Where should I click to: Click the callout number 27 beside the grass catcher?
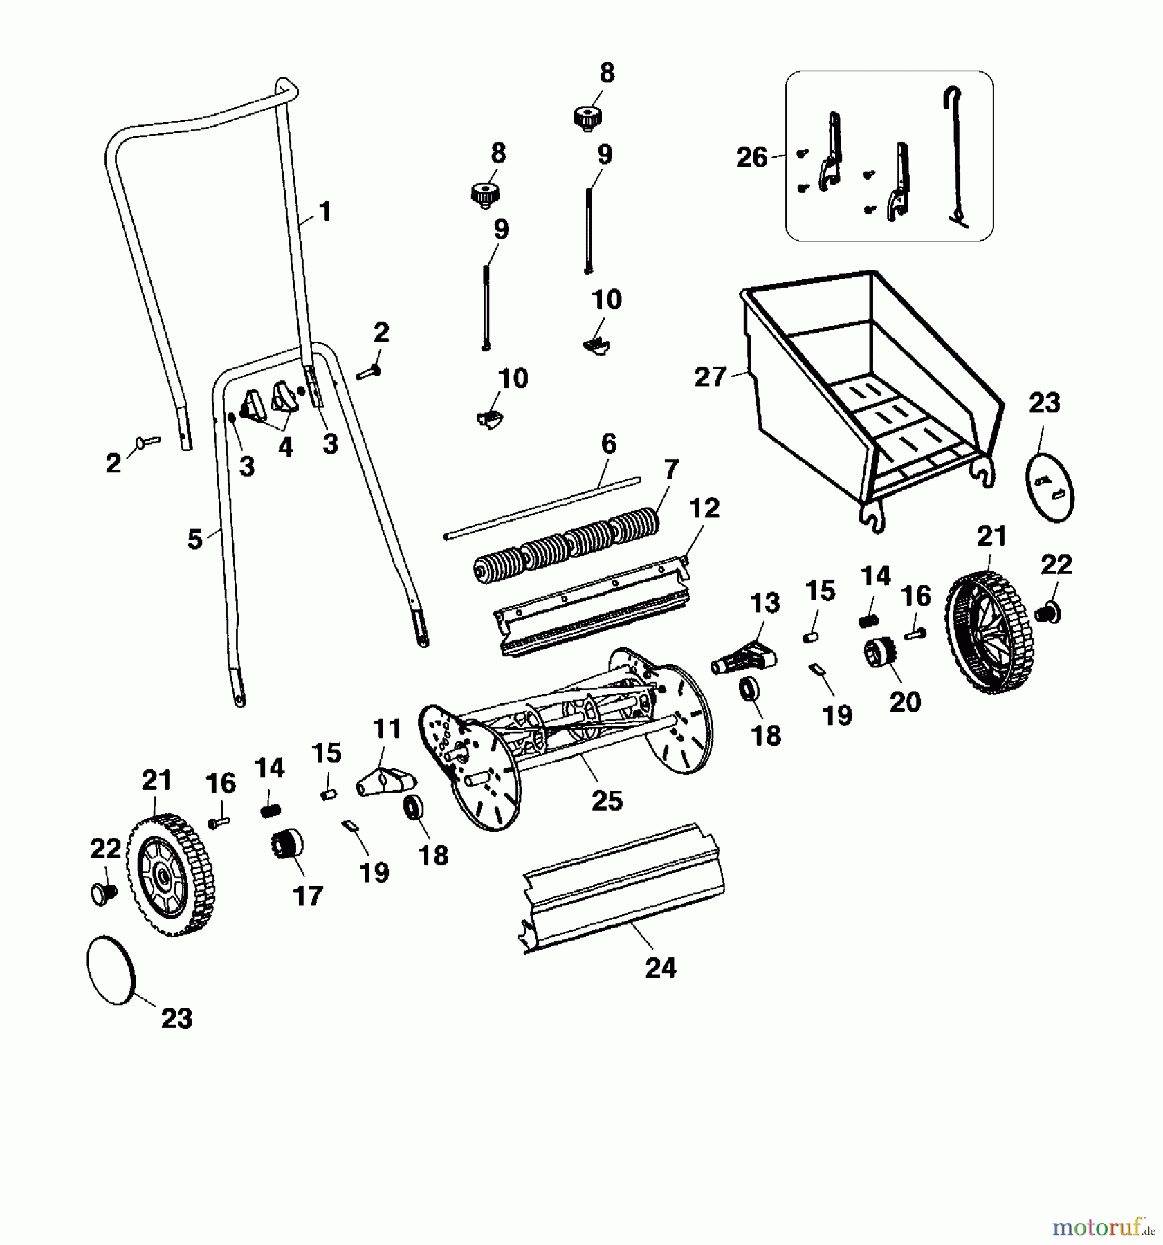(x=710, y=377)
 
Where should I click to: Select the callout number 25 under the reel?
(x=607, y=800)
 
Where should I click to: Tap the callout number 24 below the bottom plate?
(x=660, y=968)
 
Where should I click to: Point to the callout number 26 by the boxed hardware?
(x=752, y=158)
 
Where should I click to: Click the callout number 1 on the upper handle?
(x=324, y=211)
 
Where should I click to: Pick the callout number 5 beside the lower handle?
(x=195, y=539)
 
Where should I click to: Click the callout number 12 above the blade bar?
(x=704, y=508)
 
